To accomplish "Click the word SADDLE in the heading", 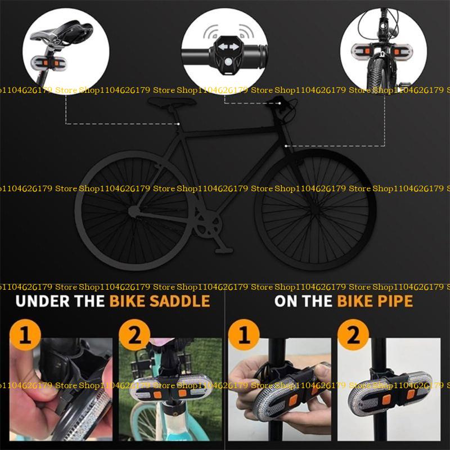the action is tap(180, 301).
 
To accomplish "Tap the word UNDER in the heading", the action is tap(43, 301).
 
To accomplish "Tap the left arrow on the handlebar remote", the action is tap(223, 47).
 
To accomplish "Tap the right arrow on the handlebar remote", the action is tap(234, 47).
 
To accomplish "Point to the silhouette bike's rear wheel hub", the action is tap(133, 211).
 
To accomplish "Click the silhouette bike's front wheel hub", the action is tap(315, 210).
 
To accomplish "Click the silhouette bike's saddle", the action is tap(172, 102).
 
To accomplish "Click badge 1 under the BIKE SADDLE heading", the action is tap(25, 335).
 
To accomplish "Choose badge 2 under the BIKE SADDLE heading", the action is tap(134, 335).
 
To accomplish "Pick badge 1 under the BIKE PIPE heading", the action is tap(244, 335).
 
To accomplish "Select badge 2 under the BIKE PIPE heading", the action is tap(353, 335).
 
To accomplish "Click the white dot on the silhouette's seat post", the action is tap(178, 124).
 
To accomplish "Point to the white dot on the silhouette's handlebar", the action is tap(280, 103).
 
